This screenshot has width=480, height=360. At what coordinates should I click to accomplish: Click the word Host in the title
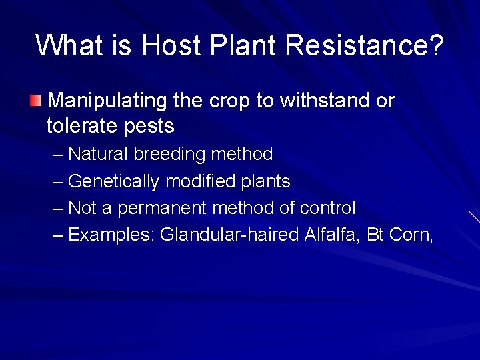coord(171,46)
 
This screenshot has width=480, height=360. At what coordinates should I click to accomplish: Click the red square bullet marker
coord(35,101)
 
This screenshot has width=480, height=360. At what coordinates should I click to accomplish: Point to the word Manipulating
coord(107,101)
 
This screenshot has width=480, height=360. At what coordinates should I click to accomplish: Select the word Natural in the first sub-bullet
coord(98,154)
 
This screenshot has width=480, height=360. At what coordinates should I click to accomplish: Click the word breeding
coord(170,155)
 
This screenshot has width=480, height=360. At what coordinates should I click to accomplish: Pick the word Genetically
coord(114,181)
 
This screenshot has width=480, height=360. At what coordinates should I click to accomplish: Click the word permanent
coord(162,209)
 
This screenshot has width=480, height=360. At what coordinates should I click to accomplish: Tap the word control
coord(327,208)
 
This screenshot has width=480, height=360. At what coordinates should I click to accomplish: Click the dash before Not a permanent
coord(58,208)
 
